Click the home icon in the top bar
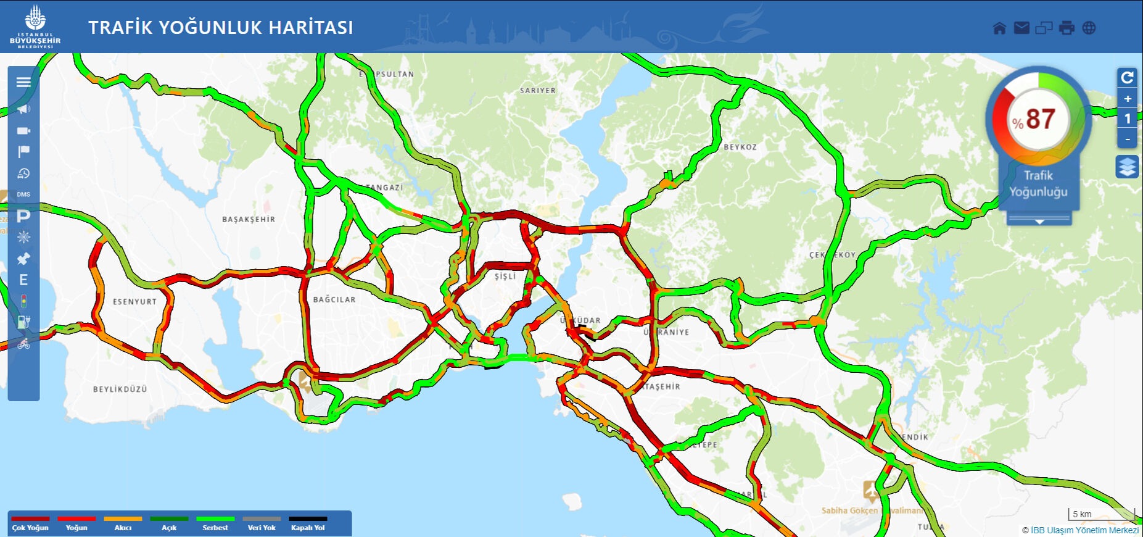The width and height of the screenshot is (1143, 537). [999, 28]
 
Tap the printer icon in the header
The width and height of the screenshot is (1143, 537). [1067, 28]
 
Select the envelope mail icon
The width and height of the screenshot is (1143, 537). [1021, 28]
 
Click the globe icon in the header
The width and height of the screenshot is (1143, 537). [1089, 28]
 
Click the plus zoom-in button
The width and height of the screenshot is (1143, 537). [1127, 99]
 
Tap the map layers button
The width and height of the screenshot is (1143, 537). [1127, 167]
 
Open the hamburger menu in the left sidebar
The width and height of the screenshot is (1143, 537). [23, 82]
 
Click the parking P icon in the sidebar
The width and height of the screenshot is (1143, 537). [23, 216]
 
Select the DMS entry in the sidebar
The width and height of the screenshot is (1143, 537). [23, 194]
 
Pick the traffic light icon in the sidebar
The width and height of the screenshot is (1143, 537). [23, 301]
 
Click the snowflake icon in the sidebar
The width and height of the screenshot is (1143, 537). [23, 238]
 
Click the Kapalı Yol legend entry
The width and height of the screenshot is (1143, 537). [308, 523]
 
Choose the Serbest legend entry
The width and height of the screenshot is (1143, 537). [215, 523]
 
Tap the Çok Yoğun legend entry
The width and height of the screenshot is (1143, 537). [30, 523]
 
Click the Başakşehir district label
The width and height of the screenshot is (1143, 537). [249, 219]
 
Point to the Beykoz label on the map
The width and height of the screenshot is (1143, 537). [740, 147]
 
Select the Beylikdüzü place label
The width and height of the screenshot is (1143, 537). [120, 389]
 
